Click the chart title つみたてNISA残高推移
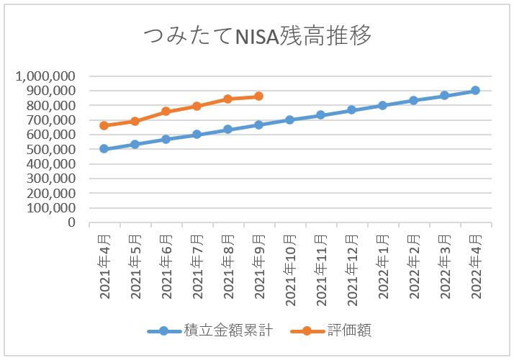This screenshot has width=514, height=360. pyautogui.click(x=257, y=36)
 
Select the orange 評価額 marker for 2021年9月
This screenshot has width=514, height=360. pyautogui.click(x=258, y=96)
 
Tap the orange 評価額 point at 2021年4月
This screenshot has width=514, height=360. pyautogui.click(x=104, y=125)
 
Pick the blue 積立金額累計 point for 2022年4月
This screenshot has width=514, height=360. pyautogui.click(x=475, y=91)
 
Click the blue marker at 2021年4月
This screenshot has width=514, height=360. pyautogui.click(x=104, y=149)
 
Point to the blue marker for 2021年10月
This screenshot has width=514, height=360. pyautogui.click(x=289, y=120)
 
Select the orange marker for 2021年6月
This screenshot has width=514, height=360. pyautogui.click(x=166, y=112)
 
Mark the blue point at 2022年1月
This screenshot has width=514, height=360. pyautogui.click(x=382, y=105)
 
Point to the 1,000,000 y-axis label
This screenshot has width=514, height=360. pyautogui.click(x=48, y=76)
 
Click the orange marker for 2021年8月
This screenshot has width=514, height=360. pyautogui.click(x=227, y=99)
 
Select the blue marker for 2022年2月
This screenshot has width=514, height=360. pyautogui.click(x=413, y=100)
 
